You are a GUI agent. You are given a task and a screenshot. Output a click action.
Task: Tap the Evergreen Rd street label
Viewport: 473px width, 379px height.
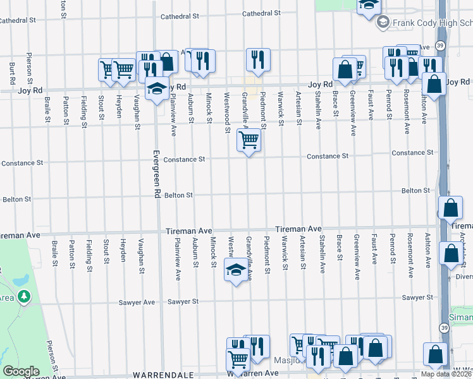coord(154,174)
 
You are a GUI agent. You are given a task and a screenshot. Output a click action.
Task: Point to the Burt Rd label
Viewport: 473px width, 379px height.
coord(12,73)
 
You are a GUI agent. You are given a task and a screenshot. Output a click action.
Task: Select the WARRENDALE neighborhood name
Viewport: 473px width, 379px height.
coord(163,375)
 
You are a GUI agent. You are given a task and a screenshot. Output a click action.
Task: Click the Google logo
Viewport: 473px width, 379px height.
coord(20,371)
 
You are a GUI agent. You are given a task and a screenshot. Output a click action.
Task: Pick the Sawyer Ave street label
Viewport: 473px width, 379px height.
coord(137,303)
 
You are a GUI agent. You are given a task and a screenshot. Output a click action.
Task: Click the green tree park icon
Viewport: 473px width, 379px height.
coord(24,296)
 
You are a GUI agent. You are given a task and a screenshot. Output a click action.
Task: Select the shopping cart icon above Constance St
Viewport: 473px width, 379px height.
coord(249,140)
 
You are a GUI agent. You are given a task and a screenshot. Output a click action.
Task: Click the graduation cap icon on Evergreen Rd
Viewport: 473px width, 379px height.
coord(156,89)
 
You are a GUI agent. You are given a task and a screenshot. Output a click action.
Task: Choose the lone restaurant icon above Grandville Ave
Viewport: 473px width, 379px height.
coord(258,60)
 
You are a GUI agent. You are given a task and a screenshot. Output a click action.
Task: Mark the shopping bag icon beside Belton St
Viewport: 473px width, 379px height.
coord(450,207)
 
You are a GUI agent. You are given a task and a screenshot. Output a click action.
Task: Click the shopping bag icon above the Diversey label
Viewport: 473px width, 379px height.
coord(451,254)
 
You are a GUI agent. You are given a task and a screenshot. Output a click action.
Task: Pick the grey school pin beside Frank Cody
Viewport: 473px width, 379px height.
coord(383,23)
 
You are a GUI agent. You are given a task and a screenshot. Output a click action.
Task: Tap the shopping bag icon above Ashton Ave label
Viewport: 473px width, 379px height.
coord(434,84)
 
